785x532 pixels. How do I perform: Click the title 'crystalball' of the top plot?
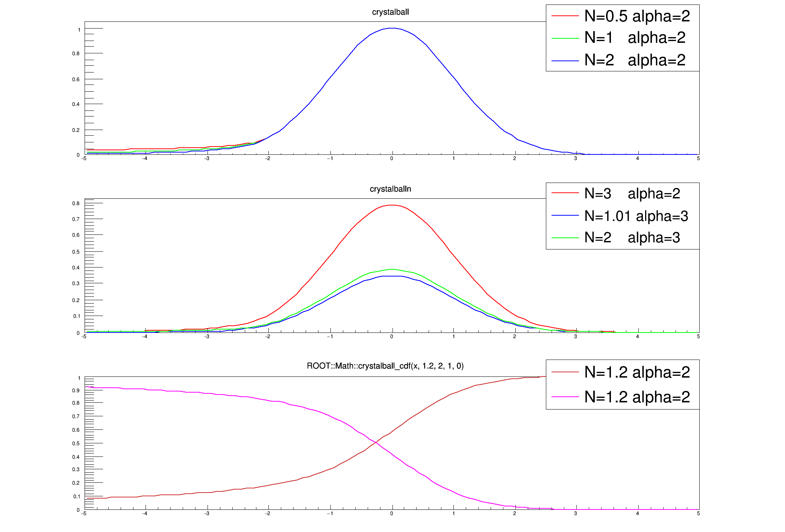390,12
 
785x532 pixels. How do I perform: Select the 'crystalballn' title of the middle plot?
390,189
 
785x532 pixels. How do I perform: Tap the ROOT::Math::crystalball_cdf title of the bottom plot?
385,366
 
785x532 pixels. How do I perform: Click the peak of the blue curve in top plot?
392,28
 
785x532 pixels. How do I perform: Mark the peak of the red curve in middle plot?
392,205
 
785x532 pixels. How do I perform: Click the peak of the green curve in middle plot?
392,269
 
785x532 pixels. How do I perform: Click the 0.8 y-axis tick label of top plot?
76,54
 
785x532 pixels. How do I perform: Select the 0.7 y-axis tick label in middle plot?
76,219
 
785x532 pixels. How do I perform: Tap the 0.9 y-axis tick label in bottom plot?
76,391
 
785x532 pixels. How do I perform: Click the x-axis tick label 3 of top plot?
576,159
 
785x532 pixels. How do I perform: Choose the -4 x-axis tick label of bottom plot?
145,514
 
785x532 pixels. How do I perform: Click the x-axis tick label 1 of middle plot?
454,337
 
